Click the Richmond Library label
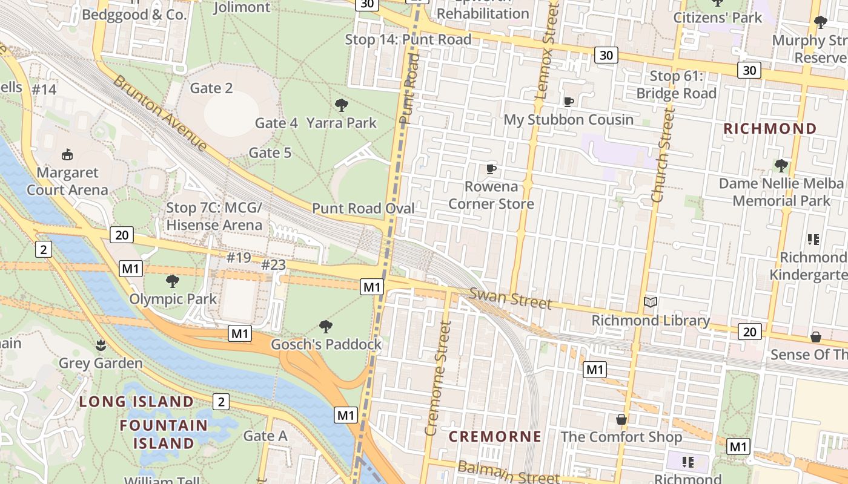(x=651, y=321)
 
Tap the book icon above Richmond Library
(x=651, y=302)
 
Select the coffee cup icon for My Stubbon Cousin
(x=568, y=102)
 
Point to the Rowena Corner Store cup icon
(x=491, y=168)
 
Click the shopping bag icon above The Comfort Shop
(x=621, y=419)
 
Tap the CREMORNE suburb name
(x=495, y=436)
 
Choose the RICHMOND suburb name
(x=770, y=128)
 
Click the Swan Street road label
(x=511, y=298)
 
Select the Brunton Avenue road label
(x=160, y=113)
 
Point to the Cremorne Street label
(x=438, y=378)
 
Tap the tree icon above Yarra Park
(x=342, y=105)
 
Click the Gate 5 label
(x=270, y=153)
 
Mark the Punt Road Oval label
(x=363, y=209)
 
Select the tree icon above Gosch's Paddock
(x=326, y=327)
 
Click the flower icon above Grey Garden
(x=101, y=345)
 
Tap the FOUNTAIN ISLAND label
(x=164, y=434)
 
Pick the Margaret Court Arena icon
(x=67, y=155)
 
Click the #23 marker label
(x=273, y=265)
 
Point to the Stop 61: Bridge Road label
(x=676, y=85)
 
